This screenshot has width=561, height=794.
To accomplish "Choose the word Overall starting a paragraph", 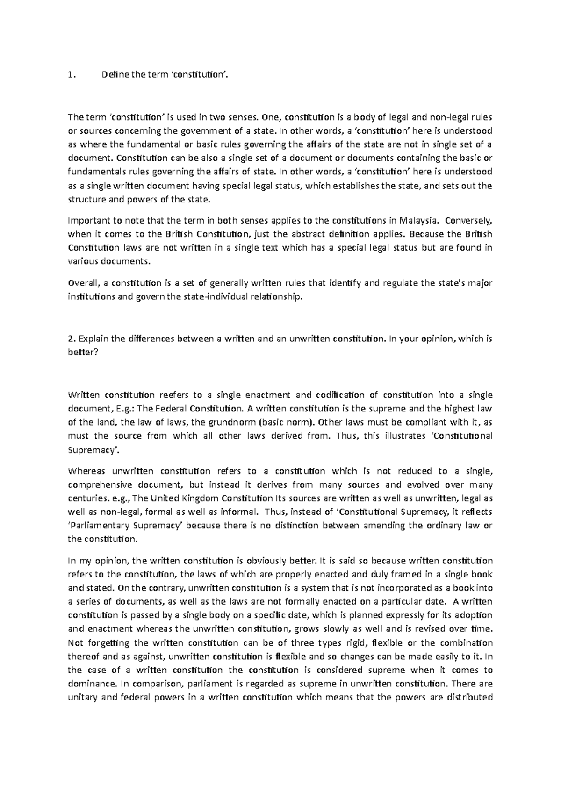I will point(82,283).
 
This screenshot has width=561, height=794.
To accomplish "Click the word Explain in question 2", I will point(94,339).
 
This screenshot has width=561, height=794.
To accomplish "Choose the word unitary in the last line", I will point(82,698).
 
